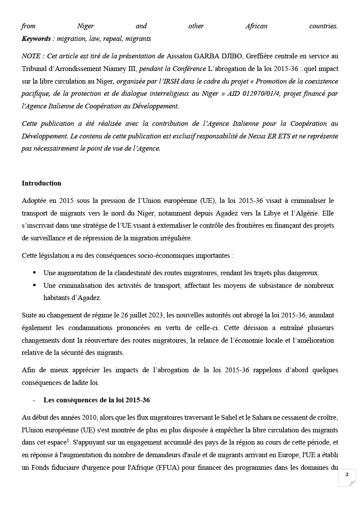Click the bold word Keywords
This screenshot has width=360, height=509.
tap(36, 39)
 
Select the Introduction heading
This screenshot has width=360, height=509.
tap(41, 183)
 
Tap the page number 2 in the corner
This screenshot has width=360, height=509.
tap(347, 475)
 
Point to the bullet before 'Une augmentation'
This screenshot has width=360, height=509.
tap(34, 273)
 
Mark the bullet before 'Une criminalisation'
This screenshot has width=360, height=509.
tap(34, 286)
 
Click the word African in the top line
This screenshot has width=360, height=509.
tap(256, 26)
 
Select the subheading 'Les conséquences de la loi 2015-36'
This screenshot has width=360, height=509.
tap(97, 400)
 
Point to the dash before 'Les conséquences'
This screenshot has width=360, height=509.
tap(34, 400)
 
